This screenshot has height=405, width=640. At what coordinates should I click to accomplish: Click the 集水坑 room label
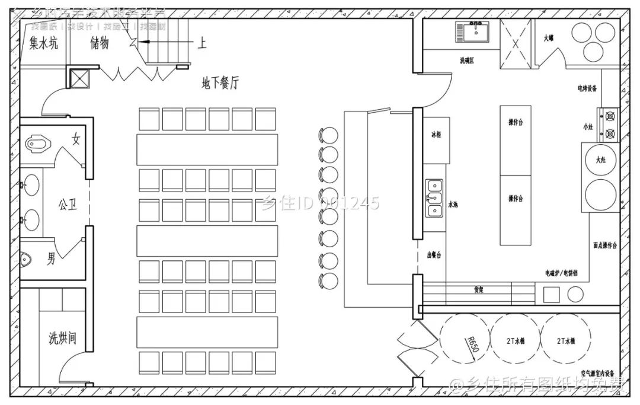tap(43, 43)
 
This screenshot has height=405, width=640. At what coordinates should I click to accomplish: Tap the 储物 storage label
tap(100, 43)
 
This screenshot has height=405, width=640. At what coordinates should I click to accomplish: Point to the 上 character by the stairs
tap(202, 43)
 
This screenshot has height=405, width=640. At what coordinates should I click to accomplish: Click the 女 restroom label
tap(76, 140)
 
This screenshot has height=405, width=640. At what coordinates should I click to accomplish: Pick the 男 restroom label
tap(52, 258)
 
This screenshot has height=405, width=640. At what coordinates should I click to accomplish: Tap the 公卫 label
tap(67, 205)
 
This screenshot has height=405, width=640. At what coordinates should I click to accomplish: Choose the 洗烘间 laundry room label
tap(62, 339)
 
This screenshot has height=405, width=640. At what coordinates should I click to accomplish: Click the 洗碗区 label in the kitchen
tap(466, 61)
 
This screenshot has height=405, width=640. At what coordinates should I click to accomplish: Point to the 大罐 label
tap(548, 39)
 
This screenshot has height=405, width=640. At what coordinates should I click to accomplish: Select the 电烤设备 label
tap(587, 88)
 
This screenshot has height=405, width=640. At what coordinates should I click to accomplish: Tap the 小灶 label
tap(587, 127)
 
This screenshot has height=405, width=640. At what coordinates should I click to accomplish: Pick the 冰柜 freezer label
tap(436, 135)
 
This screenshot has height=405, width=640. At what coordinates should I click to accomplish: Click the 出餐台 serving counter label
tap(434, 256)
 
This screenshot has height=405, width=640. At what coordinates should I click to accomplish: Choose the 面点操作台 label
tap(605, 245)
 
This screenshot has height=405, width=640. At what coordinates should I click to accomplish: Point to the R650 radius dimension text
tap(472, 345)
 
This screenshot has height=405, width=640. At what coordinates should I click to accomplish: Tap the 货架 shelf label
tap(479, 290)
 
